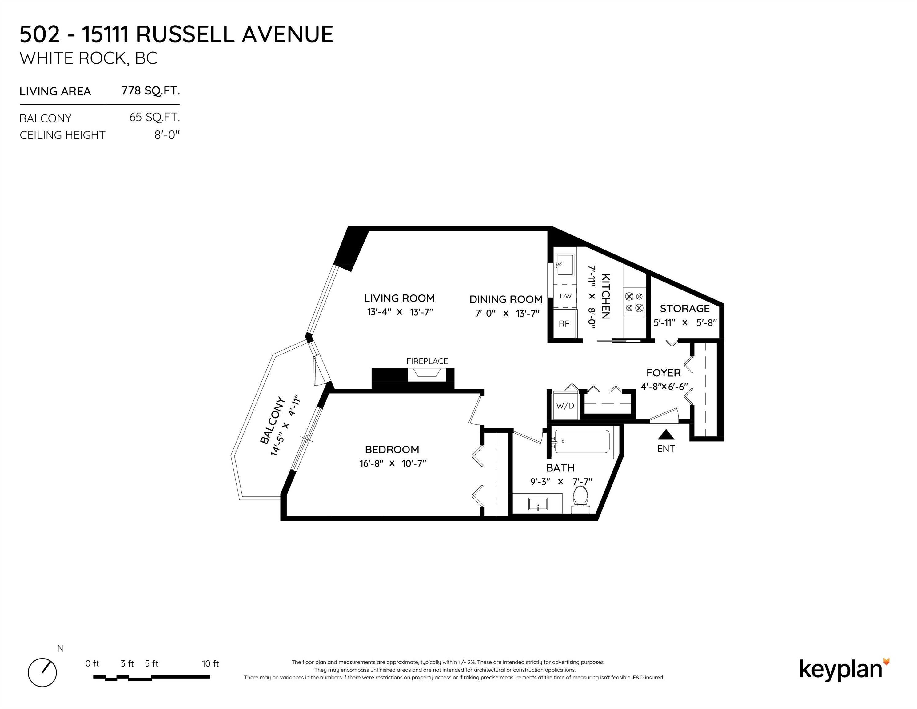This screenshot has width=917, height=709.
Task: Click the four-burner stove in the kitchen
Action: click(x=634, y=302)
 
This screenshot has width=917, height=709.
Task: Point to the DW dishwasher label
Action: click(x=566, y=296)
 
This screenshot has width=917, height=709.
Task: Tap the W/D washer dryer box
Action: click(x=565, y=406)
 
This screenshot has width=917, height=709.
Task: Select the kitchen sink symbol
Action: click(x=564, y=265)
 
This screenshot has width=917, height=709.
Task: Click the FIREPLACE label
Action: click(x=427, y=361)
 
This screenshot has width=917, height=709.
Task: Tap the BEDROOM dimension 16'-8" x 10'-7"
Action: click(x=393, y=464)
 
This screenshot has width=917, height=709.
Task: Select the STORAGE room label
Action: click(x=684, y=309)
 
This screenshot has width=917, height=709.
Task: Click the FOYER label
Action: click(x=664, y=373)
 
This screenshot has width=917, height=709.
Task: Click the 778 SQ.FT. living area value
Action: click(x=151, y=91)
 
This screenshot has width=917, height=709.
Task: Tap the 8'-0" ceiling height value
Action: click(x=167, y=135)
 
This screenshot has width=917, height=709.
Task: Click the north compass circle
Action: click(x=42, y=672)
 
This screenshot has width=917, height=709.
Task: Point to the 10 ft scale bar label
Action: click(x=210, y=664)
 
